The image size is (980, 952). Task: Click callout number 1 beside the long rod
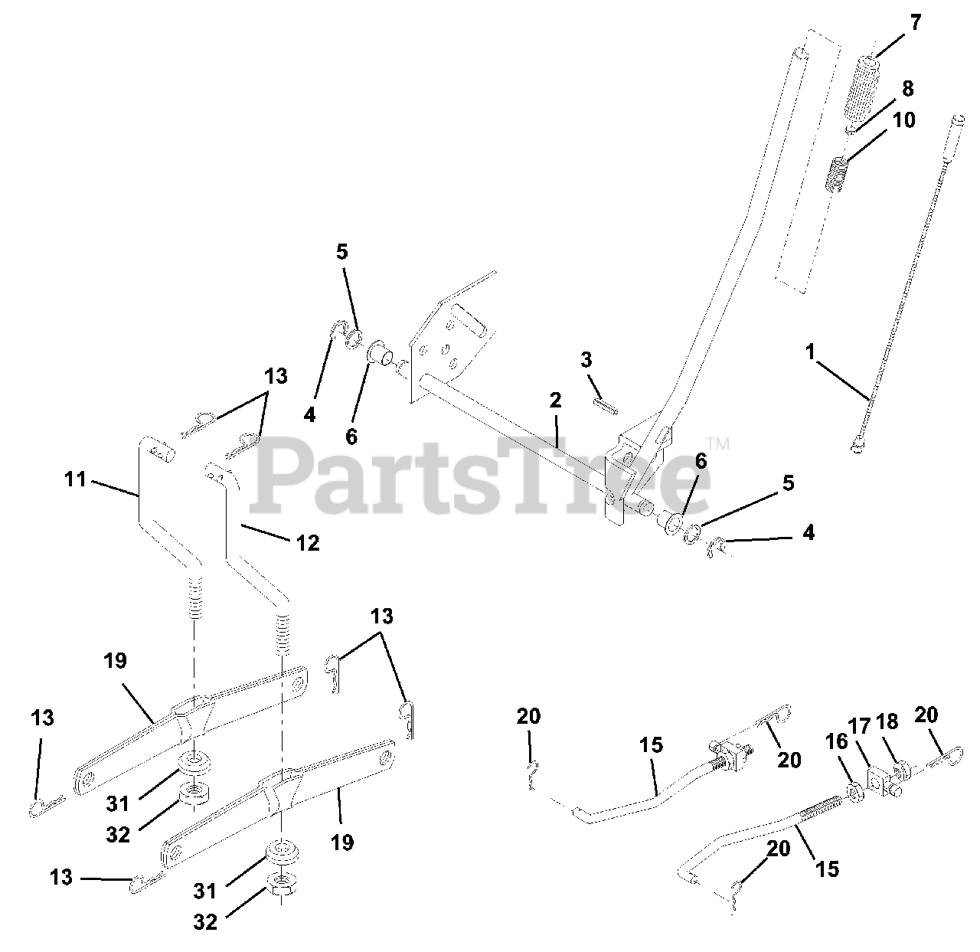coord(811,355)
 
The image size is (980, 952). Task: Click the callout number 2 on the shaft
coord(555,400)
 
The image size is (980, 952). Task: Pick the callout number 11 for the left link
coord(74,481)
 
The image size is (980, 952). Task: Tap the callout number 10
coord(903,120)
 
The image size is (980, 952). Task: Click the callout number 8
coord(907,88)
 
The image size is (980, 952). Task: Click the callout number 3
coord(586,359)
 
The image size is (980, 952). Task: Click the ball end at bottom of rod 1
coord(857,445)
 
